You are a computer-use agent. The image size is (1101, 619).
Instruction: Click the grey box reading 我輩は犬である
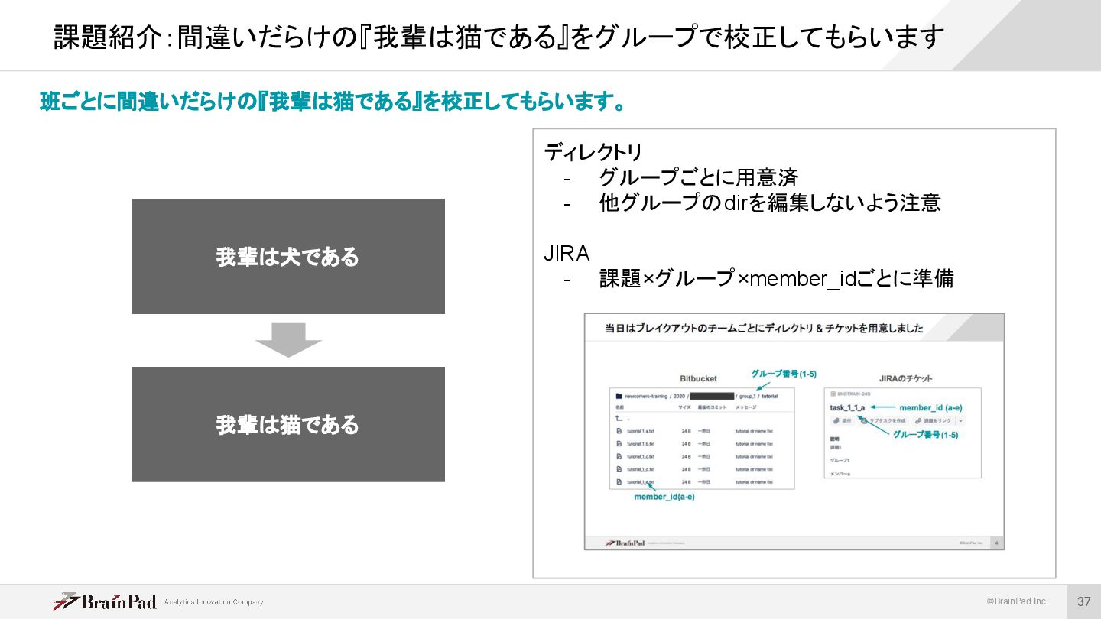(x=288, y=257)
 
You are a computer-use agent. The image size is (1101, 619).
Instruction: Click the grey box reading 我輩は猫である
(x=288, y=424)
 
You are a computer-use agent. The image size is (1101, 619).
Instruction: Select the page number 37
(x=1083, y=601)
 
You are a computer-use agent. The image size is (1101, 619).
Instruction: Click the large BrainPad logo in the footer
(x=105, y=601)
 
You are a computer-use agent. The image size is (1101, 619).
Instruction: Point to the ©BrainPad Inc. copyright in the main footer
(x=1016, y=601)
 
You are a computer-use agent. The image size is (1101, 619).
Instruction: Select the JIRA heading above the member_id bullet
(x=567, y=253)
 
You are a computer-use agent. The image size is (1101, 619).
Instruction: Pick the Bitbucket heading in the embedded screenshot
(x=698, y=378)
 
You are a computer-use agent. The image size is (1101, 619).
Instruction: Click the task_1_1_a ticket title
(x=847, y=407)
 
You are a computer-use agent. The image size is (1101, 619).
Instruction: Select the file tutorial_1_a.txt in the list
(x=640, y=431)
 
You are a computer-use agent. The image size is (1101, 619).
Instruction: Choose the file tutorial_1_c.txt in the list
(x=640, y=456)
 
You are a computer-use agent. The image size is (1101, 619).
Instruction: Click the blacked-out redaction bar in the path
(x=711, y=397)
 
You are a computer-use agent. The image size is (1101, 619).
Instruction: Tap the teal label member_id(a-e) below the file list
(x=664, y=497)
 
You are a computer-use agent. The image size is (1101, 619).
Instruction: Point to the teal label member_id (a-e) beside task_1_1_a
(x=930, y=407)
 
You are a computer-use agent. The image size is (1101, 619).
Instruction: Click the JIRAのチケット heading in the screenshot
(x=905, y=378)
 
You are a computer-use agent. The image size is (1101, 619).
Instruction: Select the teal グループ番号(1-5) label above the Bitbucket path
(x=783, y=374)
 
